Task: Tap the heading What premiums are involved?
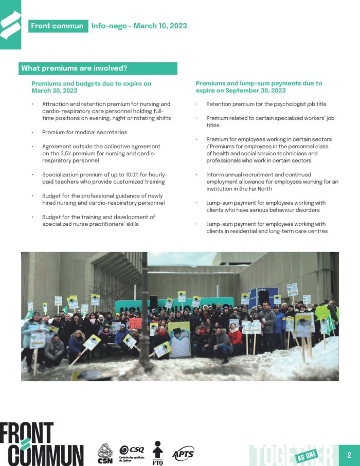click(74, 68)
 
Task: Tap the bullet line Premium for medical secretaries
click(85, 132)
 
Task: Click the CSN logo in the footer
click(105, 453)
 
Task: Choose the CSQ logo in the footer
click(132, 452)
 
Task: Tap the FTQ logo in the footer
click(158, 453)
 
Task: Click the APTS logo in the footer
click(183, 453)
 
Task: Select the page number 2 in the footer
click(349, 455)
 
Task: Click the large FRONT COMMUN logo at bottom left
click(41, 444)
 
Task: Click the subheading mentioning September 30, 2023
click(259, 86)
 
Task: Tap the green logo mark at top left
click(10, 24)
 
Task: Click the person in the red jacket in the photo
click(236, 337)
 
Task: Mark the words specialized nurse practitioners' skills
click(99, 224)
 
